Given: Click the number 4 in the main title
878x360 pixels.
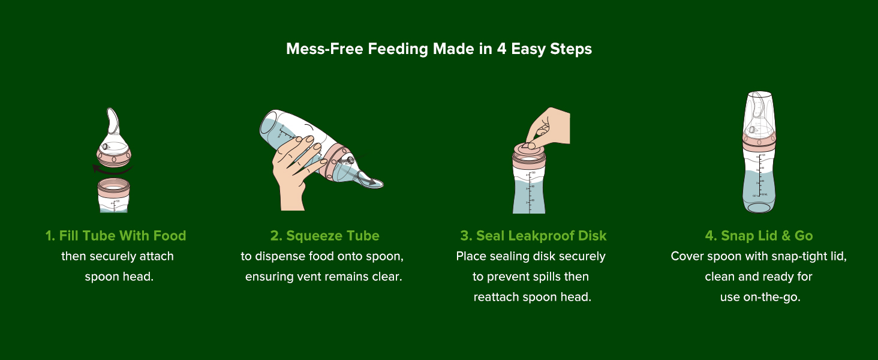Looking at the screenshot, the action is (501, 49).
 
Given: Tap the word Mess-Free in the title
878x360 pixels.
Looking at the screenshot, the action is (324, 49).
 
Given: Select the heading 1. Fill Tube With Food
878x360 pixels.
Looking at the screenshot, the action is (116, 236).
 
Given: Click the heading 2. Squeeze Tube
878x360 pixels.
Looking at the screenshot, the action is (324, 236).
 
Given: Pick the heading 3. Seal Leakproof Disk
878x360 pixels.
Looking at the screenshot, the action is (533, 236).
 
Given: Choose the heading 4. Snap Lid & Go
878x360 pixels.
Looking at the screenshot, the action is (759, 236).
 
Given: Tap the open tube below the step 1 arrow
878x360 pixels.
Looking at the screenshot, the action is (114, 196).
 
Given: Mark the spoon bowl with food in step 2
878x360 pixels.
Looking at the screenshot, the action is (371, 183).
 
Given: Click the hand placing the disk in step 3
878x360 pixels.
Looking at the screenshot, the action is (549, 125).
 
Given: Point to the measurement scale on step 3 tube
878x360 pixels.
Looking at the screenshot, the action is (530, 192).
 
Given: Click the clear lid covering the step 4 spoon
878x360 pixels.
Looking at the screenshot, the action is (759, 114).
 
